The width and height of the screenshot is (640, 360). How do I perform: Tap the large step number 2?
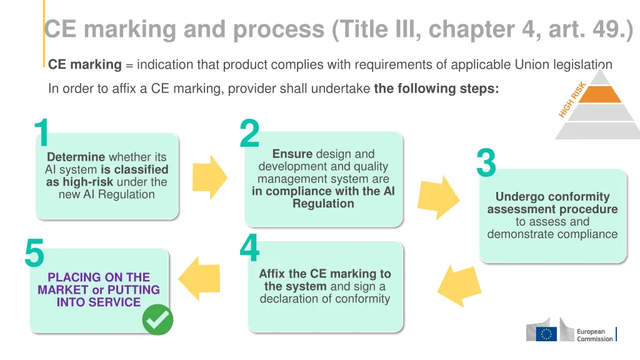point(249,134)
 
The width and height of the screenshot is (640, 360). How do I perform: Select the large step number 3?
point(486,162)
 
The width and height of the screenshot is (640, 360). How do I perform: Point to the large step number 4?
point(249,248)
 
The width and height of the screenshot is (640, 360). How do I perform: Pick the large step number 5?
point(34,253)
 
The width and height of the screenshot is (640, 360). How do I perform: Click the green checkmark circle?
point(157,320)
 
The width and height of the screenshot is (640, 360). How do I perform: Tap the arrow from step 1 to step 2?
point(209,177)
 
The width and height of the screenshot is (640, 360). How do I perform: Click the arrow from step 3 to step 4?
point(459,285)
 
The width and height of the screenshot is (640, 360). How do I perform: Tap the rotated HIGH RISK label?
point(572,99)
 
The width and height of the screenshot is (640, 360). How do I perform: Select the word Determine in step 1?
point(76,157)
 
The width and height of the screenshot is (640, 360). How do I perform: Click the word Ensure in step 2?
point(292,154)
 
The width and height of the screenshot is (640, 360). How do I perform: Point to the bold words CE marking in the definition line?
point(85,64)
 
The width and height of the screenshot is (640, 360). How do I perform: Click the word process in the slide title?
point(276,29)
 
